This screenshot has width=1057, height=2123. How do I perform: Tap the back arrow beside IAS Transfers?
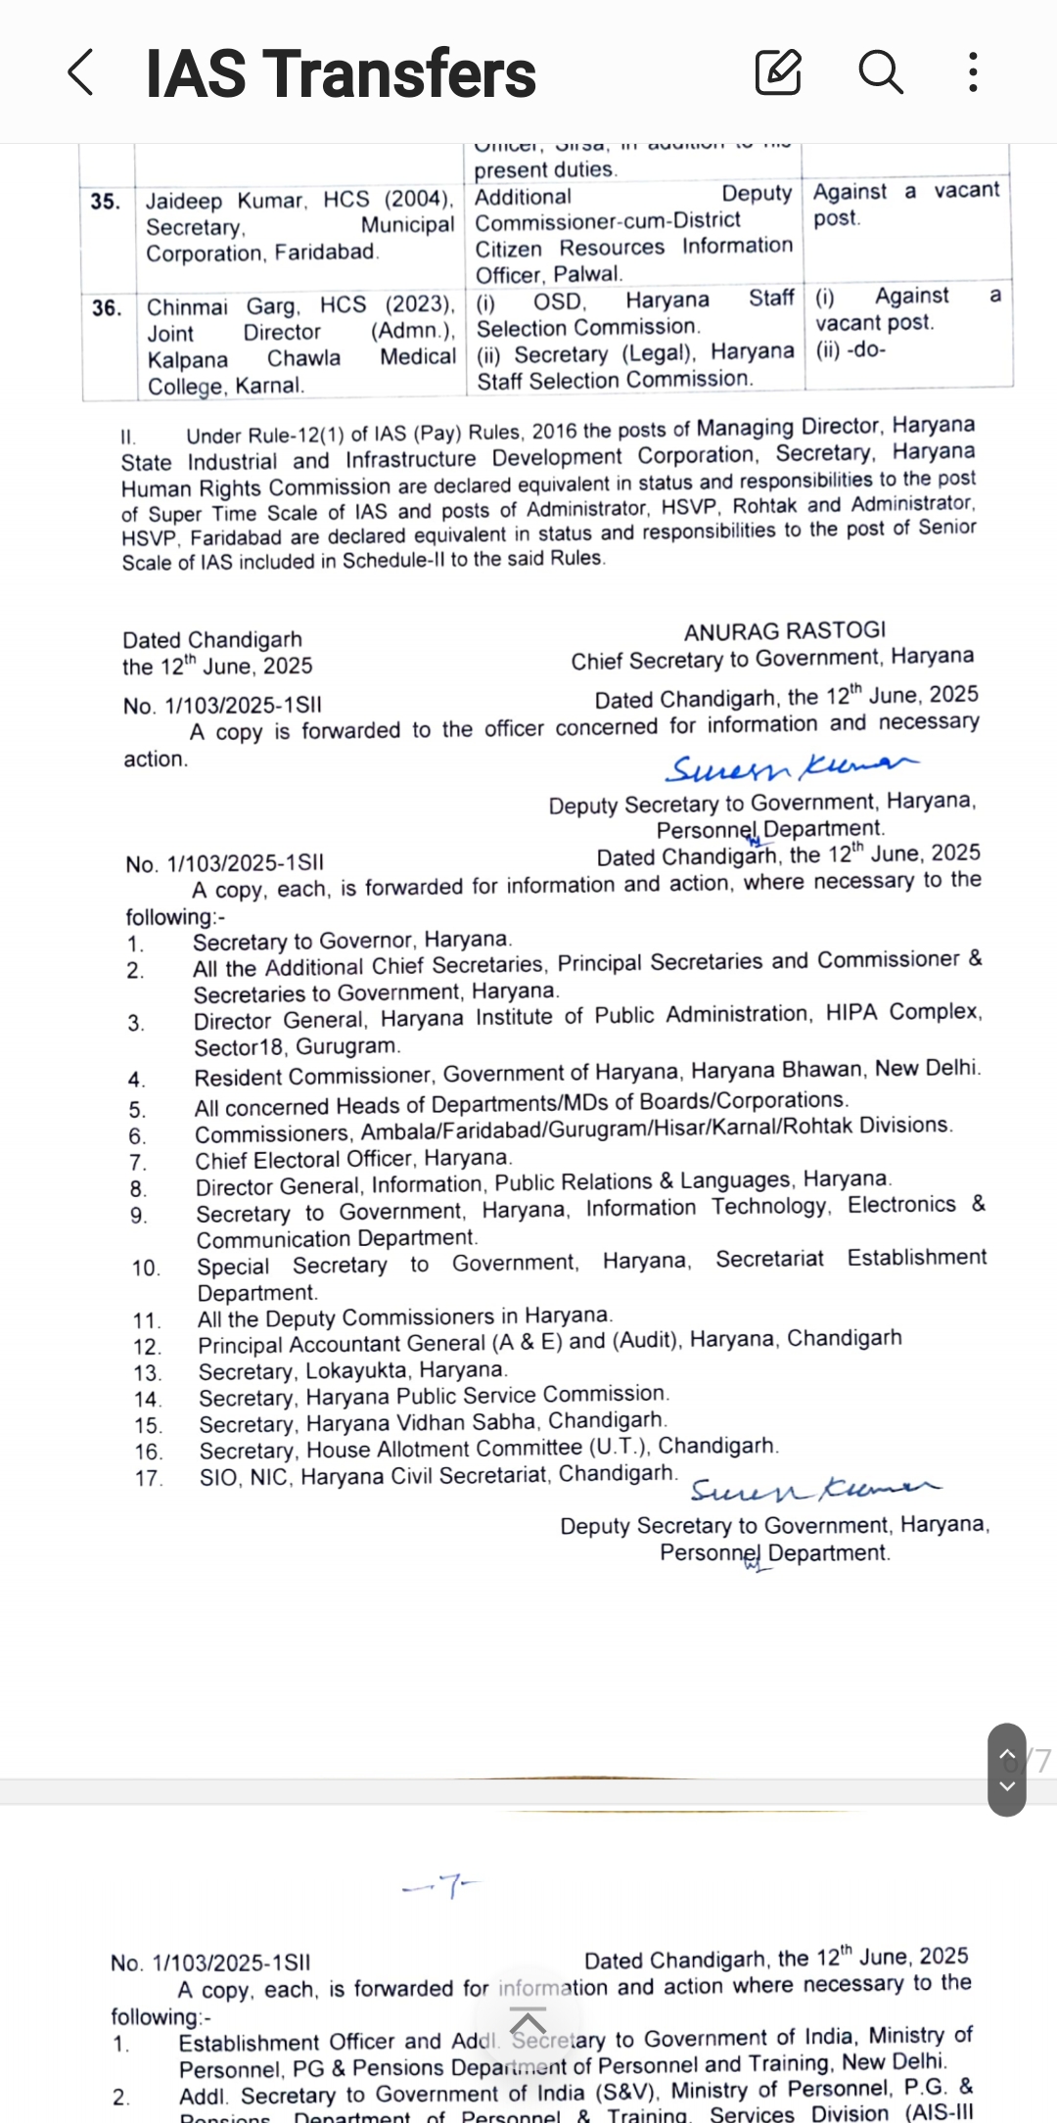[x=81, y=73]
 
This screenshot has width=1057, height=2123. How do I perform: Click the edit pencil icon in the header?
[x=778, y=72]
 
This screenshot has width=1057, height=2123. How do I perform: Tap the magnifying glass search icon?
[x=880, y=72]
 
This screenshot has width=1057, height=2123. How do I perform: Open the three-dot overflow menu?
[x=972, y=72]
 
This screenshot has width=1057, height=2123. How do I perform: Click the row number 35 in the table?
[x=105, y=202]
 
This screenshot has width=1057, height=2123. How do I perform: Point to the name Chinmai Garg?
[x=207, y=307]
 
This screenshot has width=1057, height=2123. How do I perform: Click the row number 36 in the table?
[x=107, y=308]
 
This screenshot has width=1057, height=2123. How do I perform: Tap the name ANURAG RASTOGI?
[x=784, y=631]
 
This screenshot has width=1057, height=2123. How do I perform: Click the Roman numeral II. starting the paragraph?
[x=128, y=437]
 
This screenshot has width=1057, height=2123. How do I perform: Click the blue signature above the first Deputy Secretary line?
[x=791, y=767]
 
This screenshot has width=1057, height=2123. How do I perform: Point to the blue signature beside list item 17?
[x=814, y=1489]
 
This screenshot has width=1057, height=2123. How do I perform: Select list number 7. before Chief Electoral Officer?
[x=138, y=1163]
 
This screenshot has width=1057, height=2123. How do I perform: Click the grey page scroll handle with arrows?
[x=1007, y=1770]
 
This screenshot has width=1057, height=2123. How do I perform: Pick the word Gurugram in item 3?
[x=347, y=1046]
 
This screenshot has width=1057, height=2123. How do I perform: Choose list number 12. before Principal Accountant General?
[x=147, y=1347]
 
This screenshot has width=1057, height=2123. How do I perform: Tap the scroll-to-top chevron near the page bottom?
[x=528, y=2022]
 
